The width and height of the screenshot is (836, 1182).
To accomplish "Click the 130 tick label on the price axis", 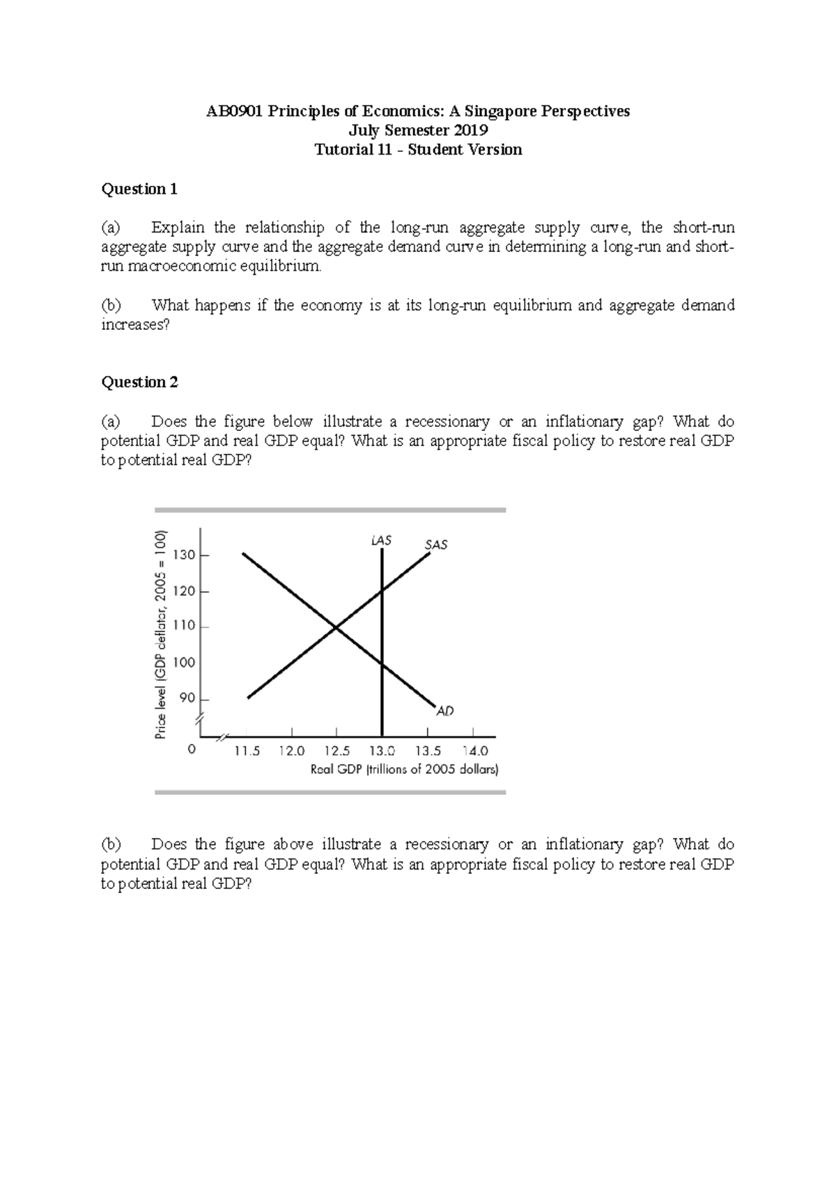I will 185,555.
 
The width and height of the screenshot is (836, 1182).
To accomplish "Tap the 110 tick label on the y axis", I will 185,626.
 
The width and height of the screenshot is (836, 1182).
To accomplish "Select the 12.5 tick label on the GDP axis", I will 336,751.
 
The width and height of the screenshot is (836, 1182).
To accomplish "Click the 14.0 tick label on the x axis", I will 475,751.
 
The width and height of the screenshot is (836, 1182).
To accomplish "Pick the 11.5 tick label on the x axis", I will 247,751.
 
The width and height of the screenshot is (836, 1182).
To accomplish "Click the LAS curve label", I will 381,540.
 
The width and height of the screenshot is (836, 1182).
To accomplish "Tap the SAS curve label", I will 436,544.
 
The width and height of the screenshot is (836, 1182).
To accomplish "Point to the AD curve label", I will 445,711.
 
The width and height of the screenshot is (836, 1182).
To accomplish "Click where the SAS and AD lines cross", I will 336,628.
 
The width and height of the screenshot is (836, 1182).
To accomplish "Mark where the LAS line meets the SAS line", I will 382,592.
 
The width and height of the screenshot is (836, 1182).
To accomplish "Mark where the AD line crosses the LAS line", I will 382,664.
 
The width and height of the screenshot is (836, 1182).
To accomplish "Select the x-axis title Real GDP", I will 404,770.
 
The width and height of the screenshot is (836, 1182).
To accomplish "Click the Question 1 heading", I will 139,189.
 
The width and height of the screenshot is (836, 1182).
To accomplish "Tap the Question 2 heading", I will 139,382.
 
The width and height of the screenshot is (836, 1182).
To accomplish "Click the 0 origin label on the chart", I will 192,750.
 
